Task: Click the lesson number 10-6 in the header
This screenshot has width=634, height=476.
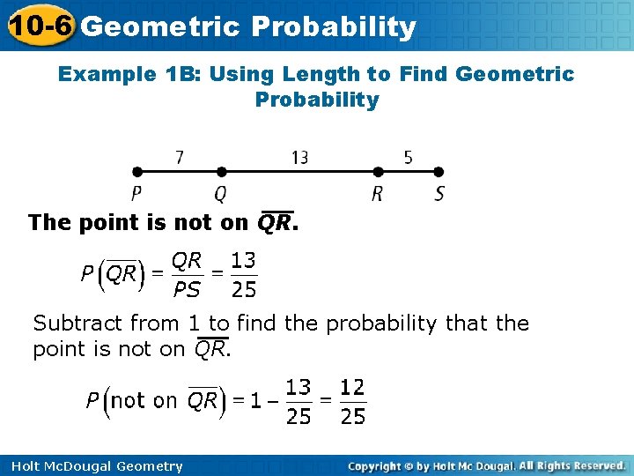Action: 39,26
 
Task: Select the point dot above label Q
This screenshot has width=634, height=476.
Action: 221,172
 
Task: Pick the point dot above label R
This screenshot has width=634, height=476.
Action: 378,172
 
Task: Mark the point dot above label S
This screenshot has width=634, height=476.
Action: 439,172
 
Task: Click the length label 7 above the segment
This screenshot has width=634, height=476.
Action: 180,157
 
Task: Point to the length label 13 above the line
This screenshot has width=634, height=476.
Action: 299,157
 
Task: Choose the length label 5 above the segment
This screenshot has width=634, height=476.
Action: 409,157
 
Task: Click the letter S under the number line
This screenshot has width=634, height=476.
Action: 439,194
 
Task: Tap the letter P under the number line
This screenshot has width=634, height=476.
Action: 136,194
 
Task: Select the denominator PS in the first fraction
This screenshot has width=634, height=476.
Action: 187,289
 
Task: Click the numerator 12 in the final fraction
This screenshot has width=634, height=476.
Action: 352,388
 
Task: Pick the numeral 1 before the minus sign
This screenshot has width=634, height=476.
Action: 255,401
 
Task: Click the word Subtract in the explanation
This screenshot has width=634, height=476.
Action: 77,324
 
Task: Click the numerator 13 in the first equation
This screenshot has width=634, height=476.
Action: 243,262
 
